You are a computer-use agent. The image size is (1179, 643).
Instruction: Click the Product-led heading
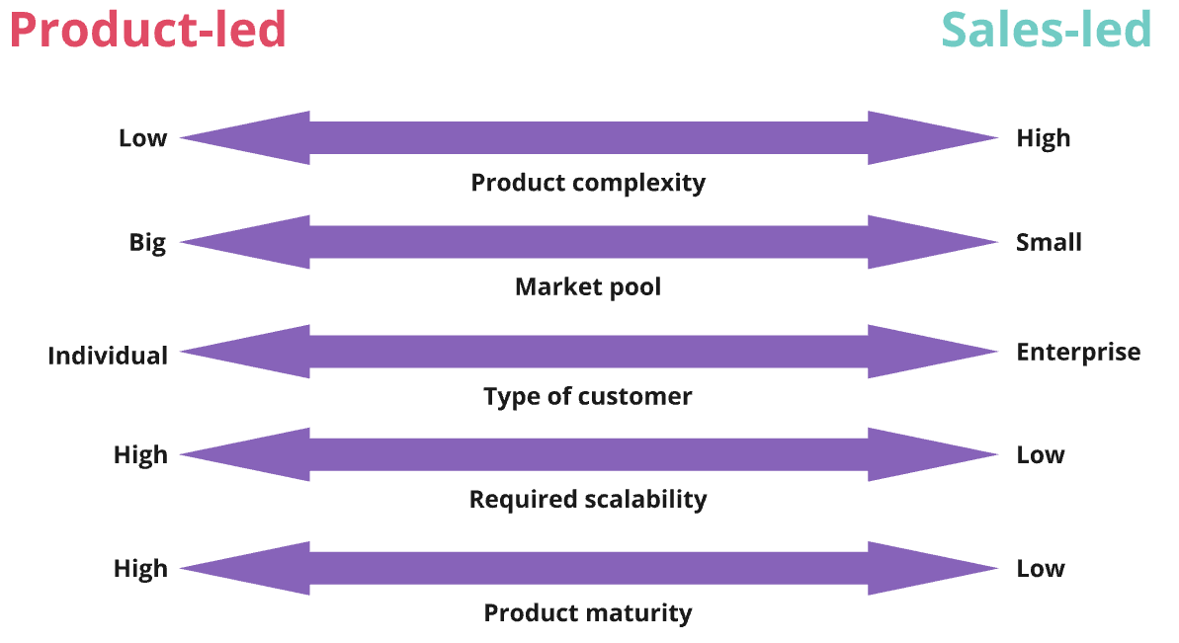[x=148, y=30]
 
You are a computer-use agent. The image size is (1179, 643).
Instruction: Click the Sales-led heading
[x=1046, y=30]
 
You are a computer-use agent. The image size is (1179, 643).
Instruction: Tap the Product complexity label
[x=588, y=183]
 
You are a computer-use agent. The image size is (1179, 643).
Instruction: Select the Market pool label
[x=588, y=287]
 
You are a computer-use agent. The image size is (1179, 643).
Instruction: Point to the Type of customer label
[x=588, y=396]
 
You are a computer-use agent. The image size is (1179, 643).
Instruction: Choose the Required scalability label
[x=588, y=499]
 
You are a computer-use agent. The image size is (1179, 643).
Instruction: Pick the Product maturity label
[x=588, y=612]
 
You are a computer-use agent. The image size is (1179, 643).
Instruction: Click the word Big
[x=147, y=243]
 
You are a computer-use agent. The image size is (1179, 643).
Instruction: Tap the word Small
[x=1049, y=242]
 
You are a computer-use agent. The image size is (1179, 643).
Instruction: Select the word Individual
[x=108, y=356]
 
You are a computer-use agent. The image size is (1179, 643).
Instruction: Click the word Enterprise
[x=1078, y=352]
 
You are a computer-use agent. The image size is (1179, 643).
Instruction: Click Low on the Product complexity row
[x=143, y=138]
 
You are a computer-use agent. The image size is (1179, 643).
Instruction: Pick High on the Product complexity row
[x=1044, y=138]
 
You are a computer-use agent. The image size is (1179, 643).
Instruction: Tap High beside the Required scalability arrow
[x=140, y=455]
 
